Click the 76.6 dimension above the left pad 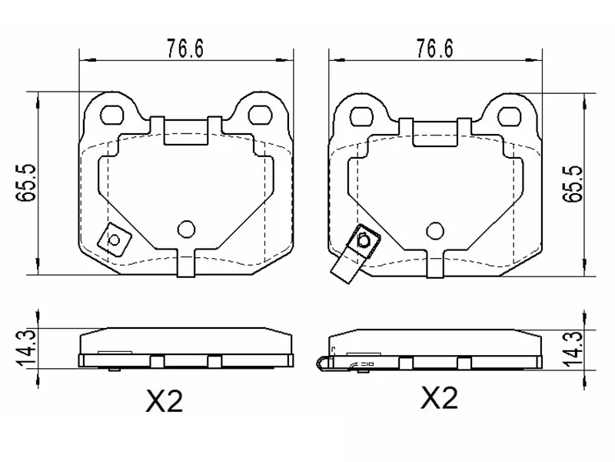coord(185,48)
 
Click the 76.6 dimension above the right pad coord(434,48)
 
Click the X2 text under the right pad coord(439,398)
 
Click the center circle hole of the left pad coord(186,228)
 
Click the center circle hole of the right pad coord(434,228)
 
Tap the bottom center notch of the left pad coord(186,263)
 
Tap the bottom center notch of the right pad coord(434,263)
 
